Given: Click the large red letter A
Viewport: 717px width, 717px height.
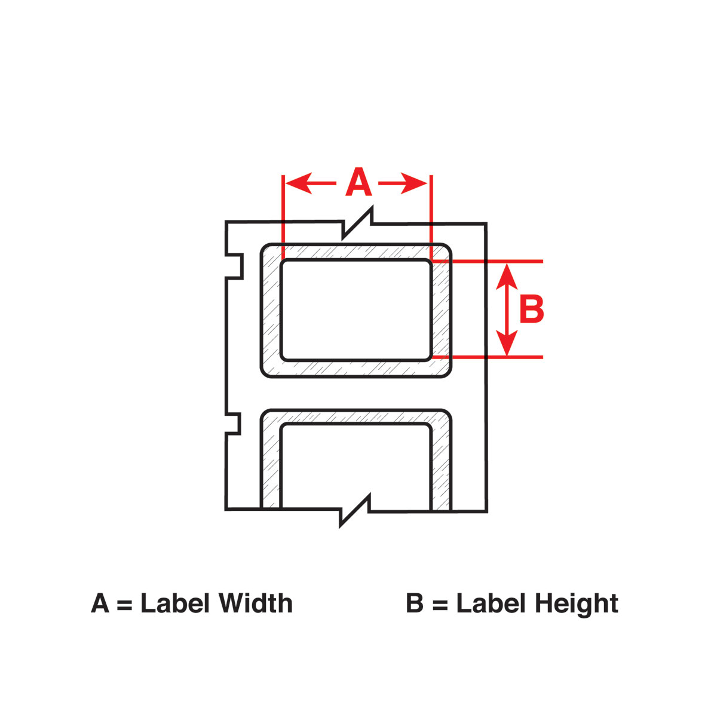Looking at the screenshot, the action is [358, 182].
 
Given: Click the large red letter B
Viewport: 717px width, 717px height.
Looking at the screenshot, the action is [532, 309].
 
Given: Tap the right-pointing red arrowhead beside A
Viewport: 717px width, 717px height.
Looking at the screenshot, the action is [413, 183].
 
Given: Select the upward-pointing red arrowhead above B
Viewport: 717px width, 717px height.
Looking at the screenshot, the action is [507, 277].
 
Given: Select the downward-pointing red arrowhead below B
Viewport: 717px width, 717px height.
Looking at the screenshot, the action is [507, 343].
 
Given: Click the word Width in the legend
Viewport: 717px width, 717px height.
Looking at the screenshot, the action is [255, 603].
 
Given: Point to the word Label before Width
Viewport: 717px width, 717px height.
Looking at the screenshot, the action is [175, 603].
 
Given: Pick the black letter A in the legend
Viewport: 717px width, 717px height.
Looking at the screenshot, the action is [100, 603].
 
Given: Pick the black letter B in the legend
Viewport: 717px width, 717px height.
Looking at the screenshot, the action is [415, 603].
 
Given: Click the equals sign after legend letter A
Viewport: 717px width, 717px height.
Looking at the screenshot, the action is [124, 604].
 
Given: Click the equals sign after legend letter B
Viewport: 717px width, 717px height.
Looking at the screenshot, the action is [440, 604].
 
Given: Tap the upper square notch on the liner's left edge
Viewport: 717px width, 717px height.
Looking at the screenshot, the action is [234, 266].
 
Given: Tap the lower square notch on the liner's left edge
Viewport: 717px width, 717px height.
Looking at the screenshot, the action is [233, 424].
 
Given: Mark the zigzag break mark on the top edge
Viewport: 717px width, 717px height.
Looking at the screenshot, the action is [357, 223].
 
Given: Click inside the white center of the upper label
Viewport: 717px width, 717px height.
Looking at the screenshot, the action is [357, 310].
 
